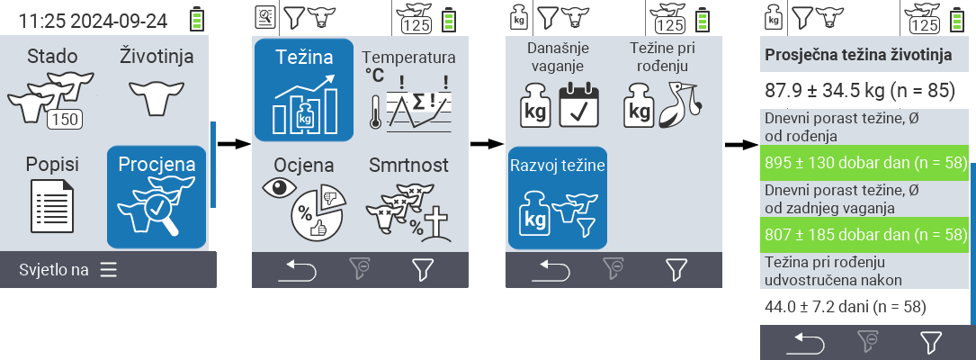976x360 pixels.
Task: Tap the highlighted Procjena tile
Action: pos(157,196)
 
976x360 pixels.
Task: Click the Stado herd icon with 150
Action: pos(52,100)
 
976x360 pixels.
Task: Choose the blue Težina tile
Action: pos(303,90)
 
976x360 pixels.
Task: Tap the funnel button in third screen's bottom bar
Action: pos(676,268)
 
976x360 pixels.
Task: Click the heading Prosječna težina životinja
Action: pos(857,55)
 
